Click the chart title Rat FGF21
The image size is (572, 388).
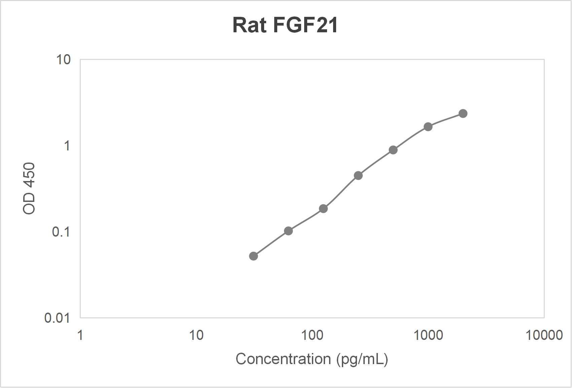coord(285,25)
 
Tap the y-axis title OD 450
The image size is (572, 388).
coord(29,188)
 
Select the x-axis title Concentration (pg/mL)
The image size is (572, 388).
coord(312,359)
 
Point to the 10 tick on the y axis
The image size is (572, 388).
coord(63,60)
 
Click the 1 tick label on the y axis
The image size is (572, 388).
coord(67,146)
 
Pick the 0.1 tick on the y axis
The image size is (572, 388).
coord(61,232)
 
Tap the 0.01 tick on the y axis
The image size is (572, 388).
coord(57,318)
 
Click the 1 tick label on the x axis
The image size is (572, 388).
coord(80,335)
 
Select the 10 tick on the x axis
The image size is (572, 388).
coord(196,335)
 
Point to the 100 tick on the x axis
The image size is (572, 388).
coord(312,335)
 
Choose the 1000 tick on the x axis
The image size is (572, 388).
coord(428,335)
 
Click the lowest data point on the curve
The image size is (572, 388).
coord(253,256)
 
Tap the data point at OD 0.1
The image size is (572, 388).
coord(288,231)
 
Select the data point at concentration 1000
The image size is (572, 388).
coord(428,127)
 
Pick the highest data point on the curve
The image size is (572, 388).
coord(463,114)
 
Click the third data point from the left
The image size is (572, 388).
coord(323,209)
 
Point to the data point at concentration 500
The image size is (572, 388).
coord(393,150)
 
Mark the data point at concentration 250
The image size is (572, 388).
coord(358,176)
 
